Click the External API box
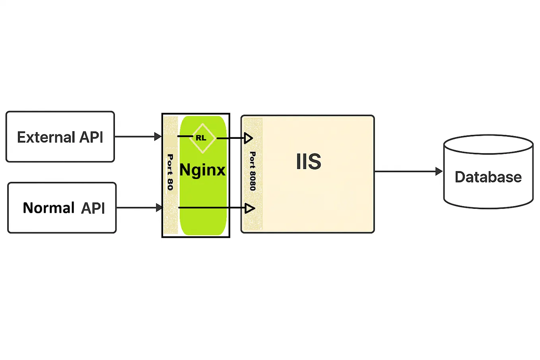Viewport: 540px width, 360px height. (60, 136)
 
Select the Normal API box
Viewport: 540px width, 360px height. (62, 208)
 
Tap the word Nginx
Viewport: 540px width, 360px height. (202, 170)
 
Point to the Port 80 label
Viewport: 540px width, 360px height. (170, 172)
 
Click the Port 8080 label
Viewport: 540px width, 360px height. (253, 171)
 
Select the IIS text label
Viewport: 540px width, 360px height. (309, 162)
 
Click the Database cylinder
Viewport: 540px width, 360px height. (488, 172)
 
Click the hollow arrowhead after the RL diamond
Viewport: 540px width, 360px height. (249, 138)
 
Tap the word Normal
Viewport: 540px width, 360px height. (49, 208)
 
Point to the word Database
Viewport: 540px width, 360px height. (488, 177)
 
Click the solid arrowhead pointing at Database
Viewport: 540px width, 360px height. (439, 171)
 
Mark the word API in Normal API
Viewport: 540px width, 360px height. (93, 208)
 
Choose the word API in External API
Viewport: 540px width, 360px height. (91, 137)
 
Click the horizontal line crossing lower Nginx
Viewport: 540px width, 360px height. (207, 208)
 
